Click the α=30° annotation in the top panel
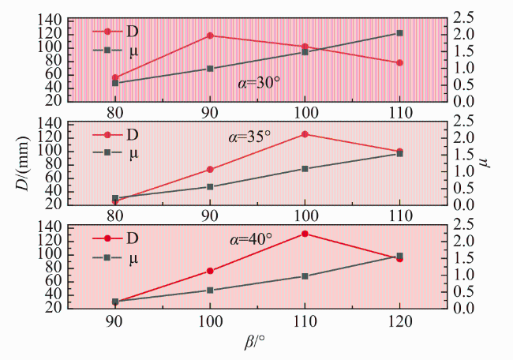click(259, 84)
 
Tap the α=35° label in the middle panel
click(249, 137)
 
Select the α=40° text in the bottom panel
click(251, 239)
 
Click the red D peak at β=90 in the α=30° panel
click(210, 36)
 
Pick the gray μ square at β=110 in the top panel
click(399, 33)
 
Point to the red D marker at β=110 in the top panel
click(399, 63)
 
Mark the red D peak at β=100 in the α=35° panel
click(305, 134)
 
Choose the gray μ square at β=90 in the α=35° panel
click(210, 187)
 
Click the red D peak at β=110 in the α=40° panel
click(305, 234)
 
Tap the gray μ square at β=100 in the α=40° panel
click(210, 291)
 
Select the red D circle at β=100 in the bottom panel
click(210, 271)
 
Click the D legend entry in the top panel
click(115, 32)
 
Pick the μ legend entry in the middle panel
click(115, 153)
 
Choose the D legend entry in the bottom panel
click(115, 238)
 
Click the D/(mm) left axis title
click(23, 163)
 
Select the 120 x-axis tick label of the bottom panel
click(399, 321)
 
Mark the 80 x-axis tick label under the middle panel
click(115, 216)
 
